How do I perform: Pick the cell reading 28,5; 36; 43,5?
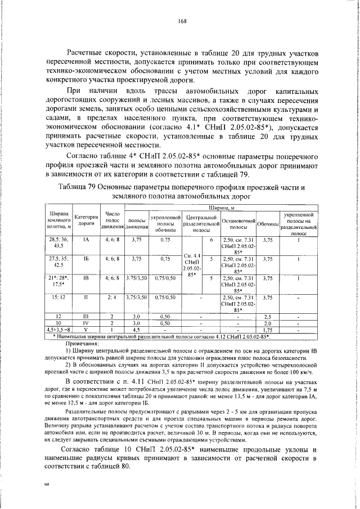click(60, 243)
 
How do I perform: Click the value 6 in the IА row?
click(211, 240)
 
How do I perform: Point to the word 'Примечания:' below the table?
click(82, 343)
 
